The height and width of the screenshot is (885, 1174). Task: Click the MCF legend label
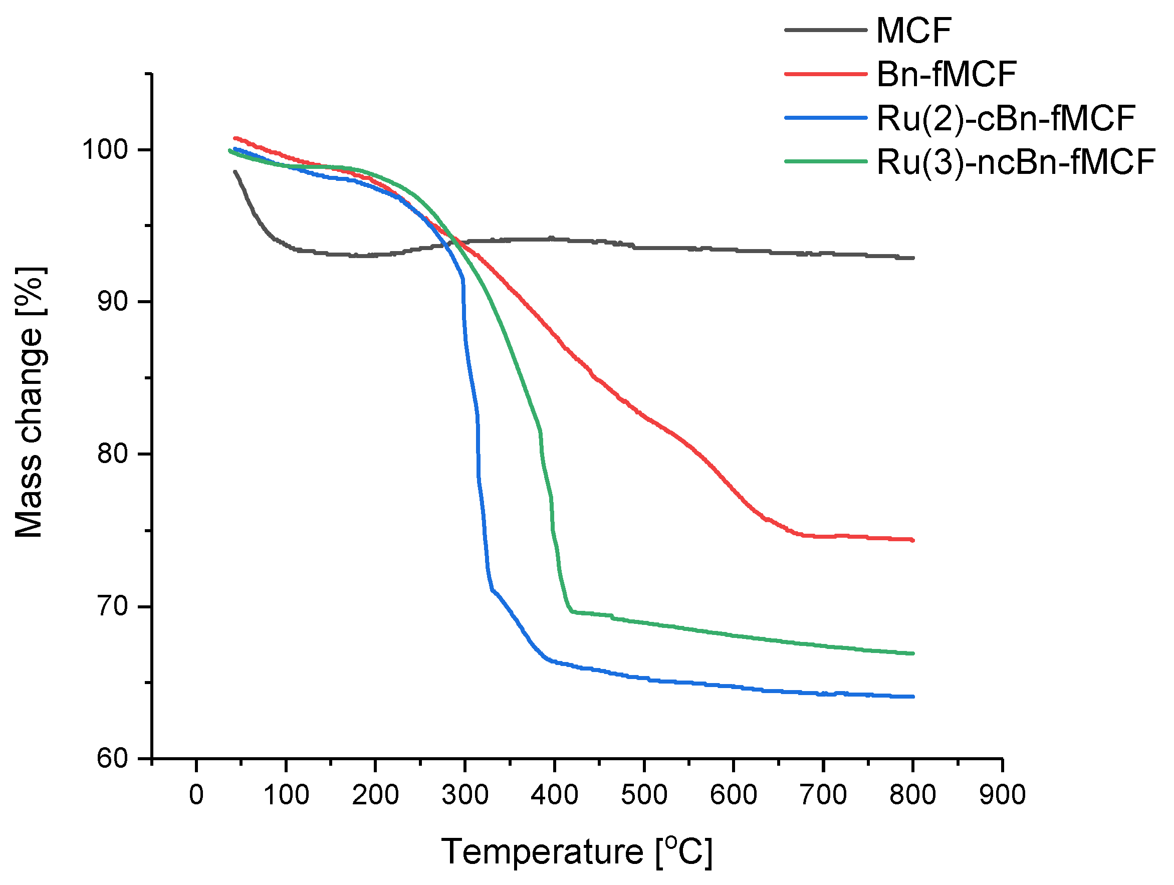[x=913, y=30]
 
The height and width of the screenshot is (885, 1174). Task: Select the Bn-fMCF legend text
[x=946, y=74]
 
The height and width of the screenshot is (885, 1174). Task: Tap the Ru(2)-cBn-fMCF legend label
[x=1005, y=118]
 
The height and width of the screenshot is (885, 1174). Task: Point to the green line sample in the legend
[x=825, y=161]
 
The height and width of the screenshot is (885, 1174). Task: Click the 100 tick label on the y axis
[x=105, y=150]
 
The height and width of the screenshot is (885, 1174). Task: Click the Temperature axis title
[x=576, y=852]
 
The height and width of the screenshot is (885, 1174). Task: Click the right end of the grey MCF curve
[x=912, y=258]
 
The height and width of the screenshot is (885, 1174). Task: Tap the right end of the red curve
[x=912, y=540]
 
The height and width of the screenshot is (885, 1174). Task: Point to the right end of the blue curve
[x=912, y=697]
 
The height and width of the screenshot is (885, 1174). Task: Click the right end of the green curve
[x=912, y=653]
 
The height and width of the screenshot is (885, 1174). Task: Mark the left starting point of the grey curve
[x=234, y=171]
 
